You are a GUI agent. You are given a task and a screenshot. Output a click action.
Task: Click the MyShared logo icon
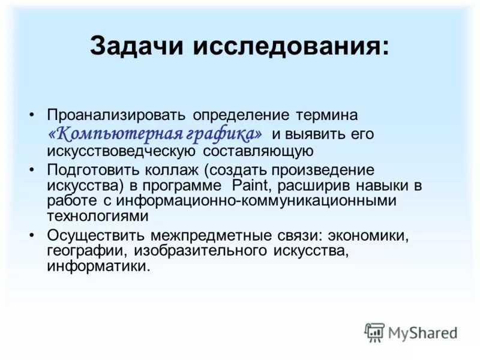(374, 331)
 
